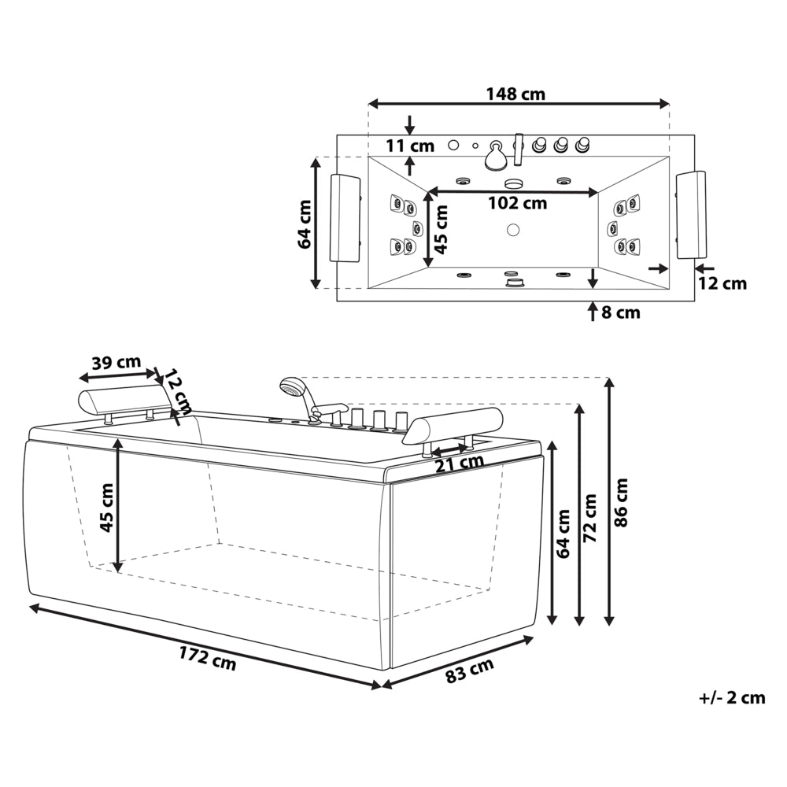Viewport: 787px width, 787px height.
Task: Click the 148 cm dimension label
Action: [515, 94]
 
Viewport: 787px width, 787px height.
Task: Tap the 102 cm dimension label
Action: [518, 203]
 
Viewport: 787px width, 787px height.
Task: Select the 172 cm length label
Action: [207, 657]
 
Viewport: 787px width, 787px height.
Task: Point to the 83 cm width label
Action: [470, 670]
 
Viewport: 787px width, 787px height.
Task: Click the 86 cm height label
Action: [621, 502]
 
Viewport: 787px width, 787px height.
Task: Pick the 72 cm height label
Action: [591, 518]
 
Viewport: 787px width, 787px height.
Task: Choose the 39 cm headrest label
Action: [116, 362]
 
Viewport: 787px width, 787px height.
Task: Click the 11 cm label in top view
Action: [410, 146]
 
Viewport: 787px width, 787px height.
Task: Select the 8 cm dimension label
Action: [621, 312]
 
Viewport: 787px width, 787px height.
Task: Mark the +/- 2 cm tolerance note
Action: [732, 697]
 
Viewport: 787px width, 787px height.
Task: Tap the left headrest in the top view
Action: [345, 217]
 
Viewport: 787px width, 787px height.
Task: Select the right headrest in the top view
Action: [691, 215]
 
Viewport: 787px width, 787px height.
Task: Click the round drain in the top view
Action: [512, 230]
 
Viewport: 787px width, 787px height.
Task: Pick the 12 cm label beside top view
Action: [722, 283]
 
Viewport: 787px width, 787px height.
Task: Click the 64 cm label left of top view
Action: [305, 224]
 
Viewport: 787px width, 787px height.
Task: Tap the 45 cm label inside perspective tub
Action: [106, 508]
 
